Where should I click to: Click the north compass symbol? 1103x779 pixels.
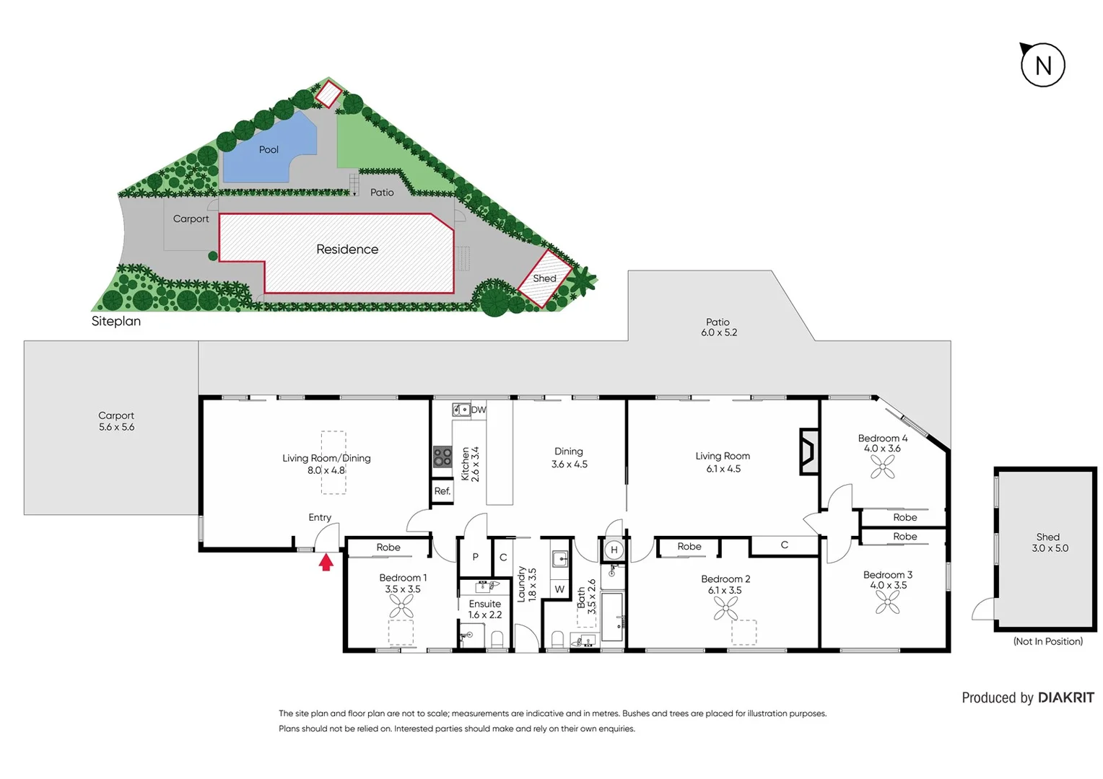(1042, 65)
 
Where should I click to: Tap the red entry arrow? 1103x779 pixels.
(326, 562)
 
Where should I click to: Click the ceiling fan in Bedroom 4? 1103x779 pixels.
(882, 467)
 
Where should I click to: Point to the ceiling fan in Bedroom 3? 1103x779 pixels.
(887, 602)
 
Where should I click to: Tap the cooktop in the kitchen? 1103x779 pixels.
(442, 457)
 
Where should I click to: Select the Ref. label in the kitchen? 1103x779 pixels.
(442, 491)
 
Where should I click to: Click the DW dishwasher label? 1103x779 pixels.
(478, 410)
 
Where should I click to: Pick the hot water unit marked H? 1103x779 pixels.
(614, 550)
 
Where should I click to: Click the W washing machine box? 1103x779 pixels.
(559, 589)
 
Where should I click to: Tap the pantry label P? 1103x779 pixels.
(475, 557)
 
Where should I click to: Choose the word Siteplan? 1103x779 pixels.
(116, 322)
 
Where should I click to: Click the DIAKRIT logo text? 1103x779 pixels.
(1065, 697)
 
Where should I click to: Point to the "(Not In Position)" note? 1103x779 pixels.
(1047, 641)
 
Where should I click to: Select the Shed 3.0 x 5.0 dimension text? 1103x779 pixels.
(1050, 548)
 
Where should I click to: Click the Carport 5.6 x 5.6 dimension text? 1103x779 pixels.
(116, 427)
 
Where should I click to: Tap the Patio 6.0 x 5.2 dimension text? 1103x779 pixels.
(718, 333)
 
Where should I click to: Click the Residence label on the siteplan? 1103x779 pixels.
(347, 250)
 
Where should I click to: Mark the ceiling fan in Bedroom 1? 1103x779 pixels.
(401, 607)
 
